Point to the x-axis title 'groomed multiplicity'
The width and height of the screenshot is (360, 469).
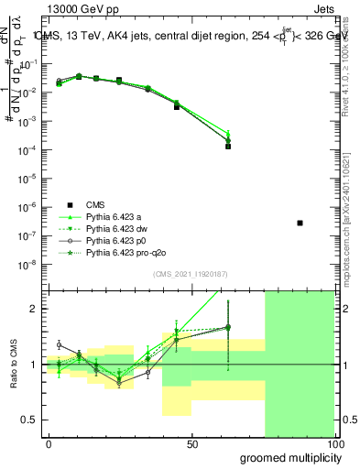(289, 457)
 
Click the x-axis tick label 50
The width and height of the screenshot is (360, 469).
(192, 443)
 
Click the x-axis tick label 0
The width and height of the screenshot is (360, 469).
(49, 443)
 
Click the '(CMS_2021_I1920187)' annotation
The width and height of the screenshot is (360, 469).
(192, 273)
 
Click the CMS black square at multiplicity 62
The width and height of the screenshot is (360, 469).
(228, 146)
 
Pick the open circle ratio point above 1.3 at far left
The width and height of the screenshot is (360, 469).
(60, 344)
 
